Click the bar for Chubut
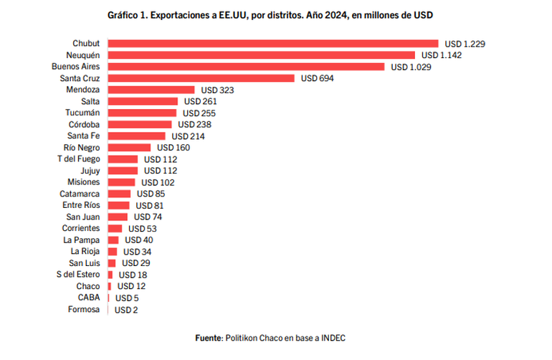pos(273,43)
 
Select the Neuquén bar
pos(262,55)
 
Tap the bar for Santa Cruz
pos(201,78)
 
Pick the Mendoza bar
pos(151,90)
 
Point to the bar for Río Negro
pos(129,148)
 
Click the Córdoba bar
pos(140,124)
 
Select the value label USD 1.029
pos(411,67)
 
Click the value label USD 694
pos(317,78)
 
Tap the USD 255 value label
pos(199,113)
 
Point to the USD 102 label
pos(158,182)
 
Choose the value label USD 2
pos(126,310)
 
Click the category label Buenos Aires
pos(76,67)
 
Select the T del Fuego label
pos(79,159)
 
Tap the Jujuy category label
pos(90,171)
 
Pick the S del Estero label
pos(78,275)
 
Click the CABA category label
pos(89,298)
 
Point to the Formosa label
pos(84,309)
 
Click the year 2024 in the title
pos(336,15)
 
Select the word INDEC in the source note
pos(333,338)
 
